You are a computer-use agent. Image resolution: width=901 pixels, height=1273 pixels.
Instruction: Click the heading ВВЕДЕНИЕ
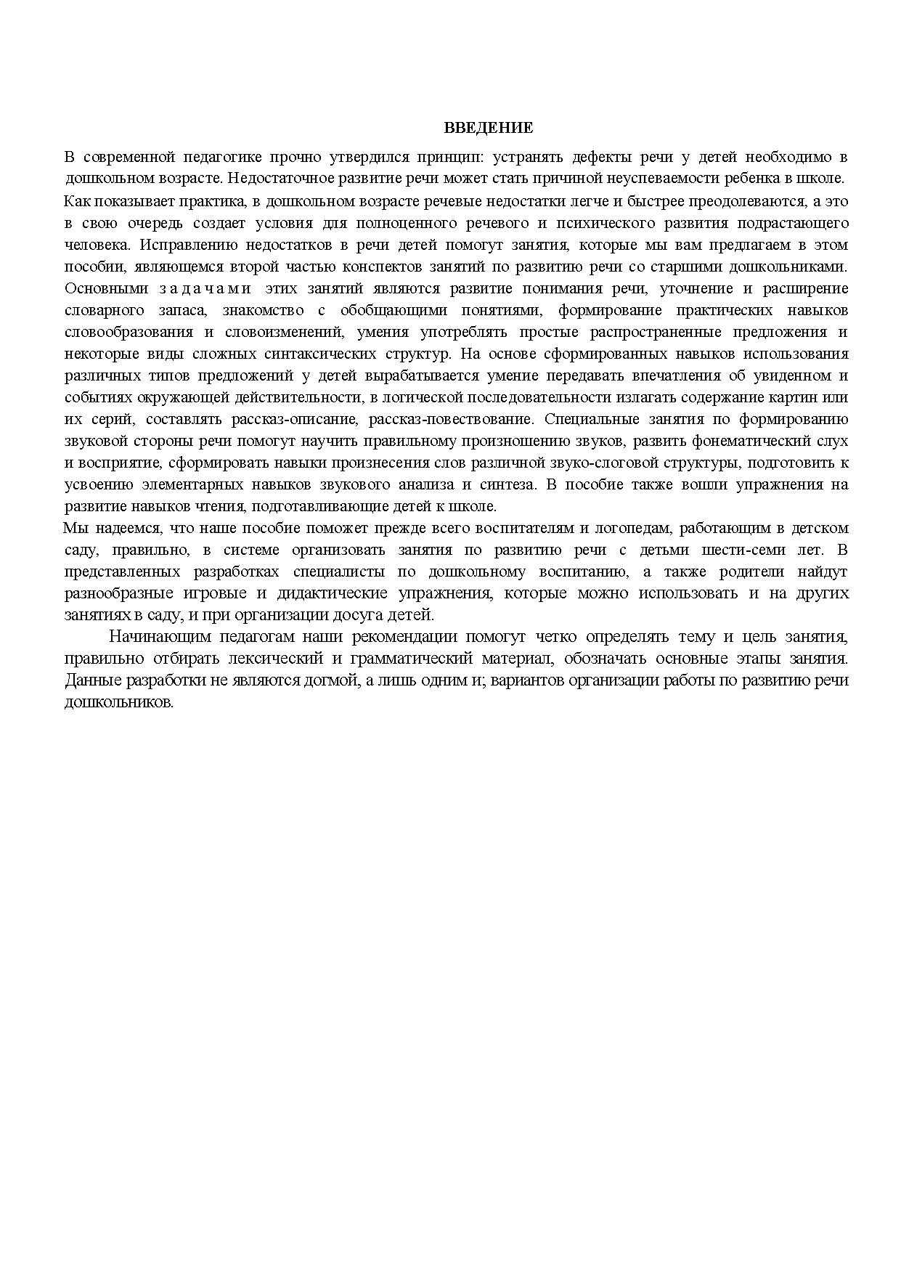click(488, 129)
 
